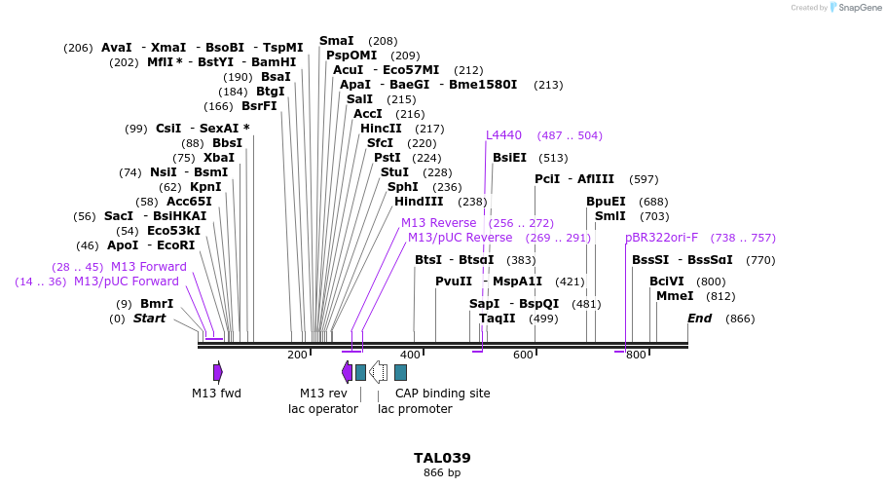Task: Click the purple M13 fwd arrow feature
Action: (218, 371)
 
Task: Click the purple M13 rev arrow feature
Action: (347, 371)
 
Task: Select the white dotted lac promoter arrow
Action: (380, 371)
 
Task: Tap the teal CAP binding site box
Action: (400, 371)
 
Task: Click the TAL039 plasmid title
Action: (442, 457)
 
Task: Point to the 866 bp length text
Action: (442, 473)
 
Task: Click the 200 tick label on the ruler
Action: (297, 355)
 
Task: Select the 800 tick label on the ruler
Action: (636, 355)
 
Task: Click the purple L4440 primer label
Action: (503, 135)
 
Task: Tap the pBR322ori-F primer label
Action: (661, 237)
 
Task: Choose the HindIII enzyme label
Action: (419, 202)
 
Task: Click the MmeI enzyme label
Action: (675, 296)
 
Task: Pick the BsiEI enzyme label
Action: (509, 158)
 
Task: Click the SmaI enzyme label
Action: (337, 41)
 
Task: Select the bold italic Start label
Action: (149, 319)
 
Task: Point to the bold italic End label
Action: (699, 319)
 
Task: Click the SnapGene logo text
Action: (854, 8)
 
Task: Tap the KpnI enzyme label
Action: (205, 187)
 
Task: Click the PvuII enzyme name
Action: (454, 282)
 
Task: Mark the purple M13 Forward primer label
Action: (148, 267)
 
